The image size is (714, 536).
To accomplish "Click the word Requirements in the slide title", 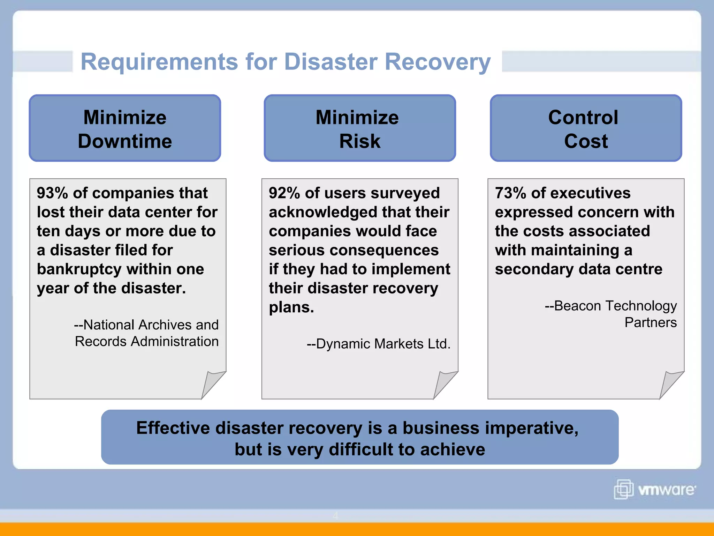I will pyautogui.click(x=159, y=62).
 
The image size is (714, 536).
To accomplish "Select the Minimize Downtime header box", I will pyautogui.click(x=125, y=128).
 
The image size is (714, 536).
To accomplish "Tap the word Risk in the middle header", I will pyautogui.click(x=359, y=141).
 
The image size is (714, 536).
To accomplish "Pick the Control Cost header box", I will pyautogui.click(x=586, y=128).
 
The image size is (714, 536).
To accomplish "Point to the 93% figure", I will pyautogui.click(x=52, y=193).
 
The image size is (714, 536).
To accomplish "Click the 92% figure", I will pyautogui.click(x=284, y=193).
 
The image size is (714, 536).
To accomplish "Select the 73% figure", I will pyautogui.click(x=510, y=193).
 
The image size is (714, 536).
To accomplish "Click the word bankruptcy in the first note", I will pyautogui.click(x=79, y=269).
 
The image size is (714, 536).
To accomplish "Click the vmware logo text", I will pyautogui.click(x=666, y=490).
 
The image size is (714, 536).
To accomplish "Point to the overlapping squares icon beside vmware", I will pyautogui.click(x=623, y=489).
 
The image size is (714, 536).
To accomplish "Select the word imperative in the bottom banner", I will pyautogui.click(x=525, y=428).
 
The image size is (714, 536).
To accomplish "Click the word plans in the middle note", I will pyautogui.click(x=291, y=307).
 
